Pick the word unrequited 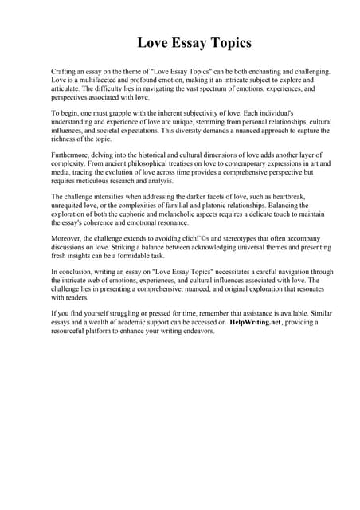point(68,206)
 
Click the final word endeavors point(195,330)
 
